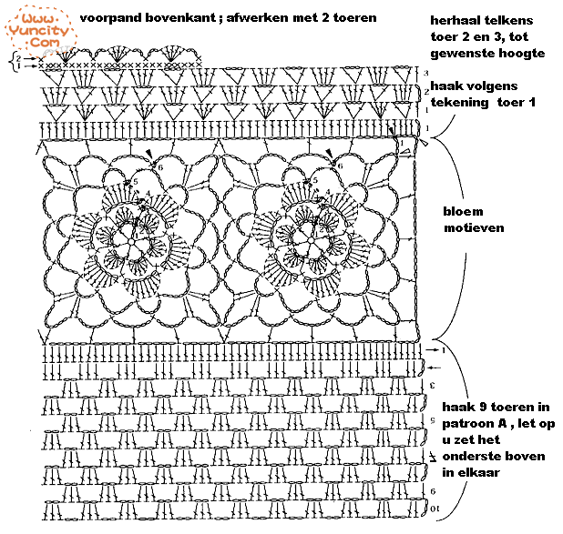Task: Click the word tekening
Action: coord(459,102)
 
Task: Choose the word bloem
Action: coord(463,211)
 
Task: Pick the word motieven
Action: coord(474,227)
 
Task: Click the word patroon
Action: coord(467,424)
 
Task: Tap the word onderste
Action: coord(470,456)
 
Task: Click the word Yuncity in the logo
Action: coord(38,30)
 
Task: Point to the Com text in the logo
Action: coord(45,43)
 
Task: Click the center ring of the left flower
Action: coord(132,242)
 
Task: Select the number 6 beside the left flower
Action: coord(160,167)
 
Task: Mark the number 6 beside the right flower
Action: coord(340,166)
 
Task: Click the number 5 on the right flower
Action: coord(315,180)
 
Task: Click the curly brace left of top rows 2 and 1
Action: coord(13,62)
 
